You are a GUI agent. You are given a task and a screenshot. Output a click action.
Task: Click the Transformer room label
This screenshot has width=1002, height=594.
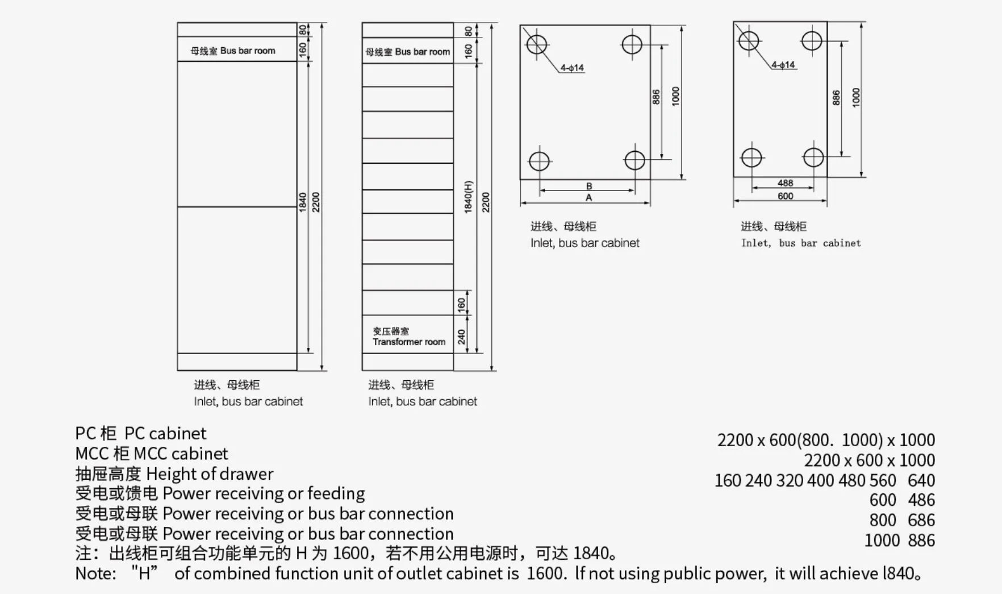click(409, 342)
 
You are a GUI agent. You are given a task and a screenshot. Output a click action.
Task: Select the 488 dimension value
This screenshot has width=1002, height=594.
click(785, 183)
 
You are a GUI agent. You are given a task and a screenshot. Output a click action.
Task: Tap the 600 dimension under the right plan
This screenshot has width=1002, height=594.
click(785, 196)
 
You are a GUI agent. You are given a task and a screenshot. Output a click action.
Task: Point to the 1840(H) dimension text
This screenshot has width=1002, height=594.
click(468, 197)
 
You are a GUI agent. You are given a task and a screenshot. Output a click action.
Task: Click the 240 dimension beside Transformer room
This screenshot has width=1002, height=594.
click(461, 337)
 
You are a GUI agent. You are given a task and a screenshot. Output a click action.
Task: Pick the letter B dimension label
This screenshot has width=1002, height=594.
click(589, 186)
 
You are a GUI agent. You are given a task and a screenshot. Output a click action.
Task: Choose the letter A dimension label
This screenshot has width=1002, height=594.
click(589, 198)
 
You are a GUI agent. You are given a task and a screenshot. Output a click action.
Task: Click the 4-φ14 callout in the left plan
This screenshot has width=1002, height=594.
click(572, 68)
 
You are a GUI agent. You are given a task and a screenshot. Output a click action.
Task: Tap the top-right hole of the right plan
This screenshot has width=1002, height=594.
click(812, 41)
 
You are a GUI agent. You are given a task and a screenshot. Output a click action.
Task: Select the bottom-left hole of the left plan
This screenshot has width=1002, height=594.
click(539, 161)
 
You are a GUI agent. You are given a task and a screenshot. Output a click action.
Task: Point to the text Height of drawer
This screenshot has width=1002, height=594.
click(210, 473)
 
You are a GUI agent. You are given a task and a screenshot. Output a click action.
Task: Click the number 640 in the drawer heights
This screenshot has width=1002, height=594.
click(921, 480)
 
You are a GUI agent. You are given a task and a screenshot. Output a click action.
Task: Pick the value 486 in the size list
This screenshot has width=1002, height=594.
click(921, 500)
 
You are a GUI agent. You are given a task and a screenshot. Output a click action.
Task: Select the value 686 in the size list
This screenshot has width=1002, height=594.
click(921, 520)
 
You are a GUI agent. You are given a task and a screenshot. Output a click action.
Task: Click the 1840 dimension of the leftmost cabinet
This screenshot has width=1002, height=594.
click(303, 202)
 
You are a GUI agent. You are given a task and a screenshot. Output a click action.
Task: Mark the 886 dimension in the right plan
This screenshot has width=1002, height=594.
click(836, 98)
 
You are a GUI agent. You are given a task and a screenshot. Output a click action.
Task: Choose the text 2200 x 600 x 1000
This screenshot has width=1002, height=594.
click(869, 460)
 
